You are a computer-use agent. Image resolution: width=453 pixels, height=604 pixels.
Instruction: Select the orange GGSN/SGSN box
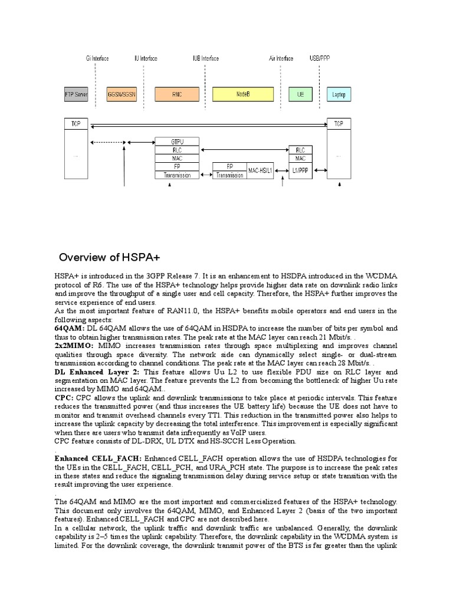point(122,94)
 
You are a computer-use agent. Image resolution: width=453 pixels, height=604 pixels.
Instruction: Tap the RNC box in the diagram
point(177,94)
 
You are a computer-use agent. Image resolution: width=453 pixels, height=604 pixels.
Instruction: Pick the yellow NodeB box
point(244,94)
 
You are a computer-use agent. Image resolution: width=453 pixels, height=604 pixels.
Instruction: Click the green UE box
point(301,94)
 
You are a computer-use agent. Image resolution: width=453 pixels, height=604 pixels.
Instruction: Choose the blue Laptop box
point(339,94)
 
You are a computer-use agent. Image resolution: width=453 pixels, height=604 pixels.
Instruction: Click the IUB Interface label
point(205,58)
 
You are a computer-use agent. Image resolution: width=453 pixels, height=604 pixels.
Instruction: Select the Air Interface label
point(281,58)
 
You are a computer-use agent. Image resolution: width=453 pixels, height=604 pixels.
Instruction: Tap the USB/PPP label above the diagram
point(320,58)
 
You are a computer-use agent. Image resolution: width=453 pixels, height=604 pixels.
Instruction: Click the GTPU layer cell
point(177,142)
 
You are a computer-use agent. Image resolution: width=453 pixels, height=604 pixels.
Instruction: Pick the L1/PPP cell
point(300,170)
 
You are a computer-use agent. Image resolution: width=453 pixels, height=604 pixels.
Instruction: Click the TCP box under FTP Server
point(75,124)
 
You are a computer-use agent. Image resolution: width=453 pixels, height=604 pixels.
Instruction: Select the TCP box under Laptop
point(339,124)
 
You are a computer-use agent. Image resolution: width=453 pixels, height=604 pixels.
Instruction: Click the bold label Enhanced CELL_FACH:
point(98,458)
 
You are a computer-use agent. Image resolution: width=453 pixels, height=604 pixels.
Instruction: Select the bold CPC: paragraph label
point(64,398)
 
